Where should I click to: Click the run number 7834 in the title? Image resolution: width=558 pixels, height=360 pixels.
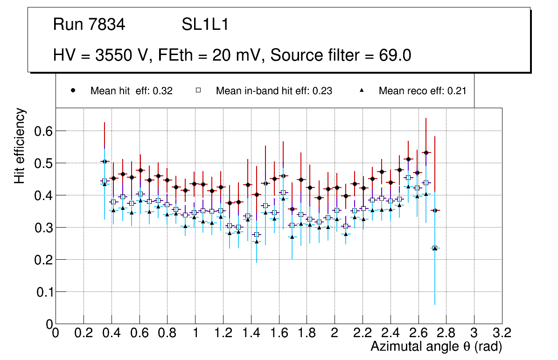point(107,25)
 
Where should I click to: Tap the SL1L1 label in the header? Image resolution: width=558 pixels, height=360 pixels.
point(205,25)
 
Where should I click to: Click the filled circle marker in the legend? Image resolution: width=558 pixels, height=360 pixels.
point(73,90)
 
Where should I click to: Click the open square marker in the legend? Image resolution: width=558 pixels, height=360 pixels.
point(198,90)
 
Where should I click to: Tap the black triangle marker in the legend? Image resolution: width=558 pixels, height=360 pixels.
point(362,90)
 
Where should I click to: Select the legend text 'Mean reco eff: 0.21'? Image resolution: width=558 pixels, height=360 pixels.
point(422,91)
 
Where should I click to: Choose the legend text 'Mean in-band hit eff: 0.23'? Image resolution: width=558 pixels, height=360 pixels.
point(274,91)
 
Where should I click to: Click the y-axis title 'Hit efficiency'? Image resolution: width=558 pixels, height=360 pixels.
point(20,145)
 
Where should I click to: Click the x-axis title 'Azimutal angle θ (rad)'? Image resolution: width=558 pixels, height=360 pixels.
point(436,346)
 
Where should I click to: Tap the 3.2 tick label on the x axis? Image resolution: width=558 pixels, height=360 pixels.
point(502,332)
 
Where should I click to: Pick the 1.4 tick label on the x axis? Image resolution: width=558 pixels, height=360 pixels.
point(251,332)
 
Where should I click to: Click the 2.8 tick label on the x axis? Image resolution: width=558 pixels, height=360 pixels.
point(446,332)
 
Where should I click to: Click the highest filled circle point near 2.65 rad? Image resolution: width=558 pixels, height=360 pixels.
point(426,152)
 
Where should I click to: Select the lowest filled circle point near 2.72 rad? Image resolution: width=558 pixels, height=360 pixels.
point(435,211)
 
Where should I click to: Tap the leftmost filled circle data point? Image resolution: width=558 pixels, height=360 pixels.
point(105,161)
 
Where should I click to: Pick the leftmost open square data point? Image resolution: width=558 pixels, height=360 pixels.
point(105,181)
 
